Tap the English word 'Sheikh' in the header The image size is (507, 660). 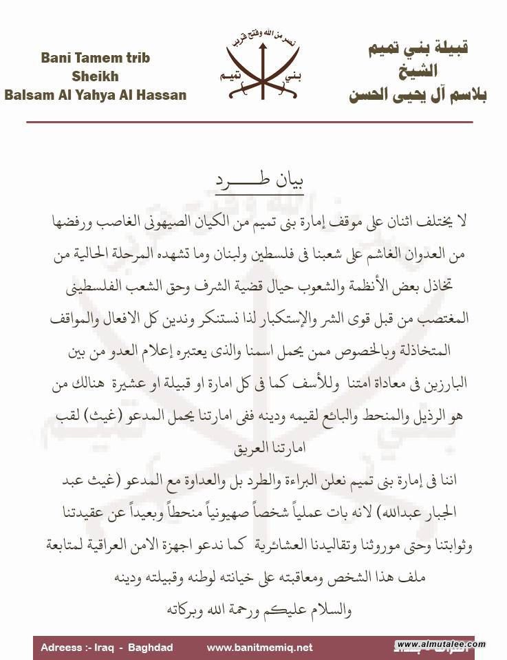94,76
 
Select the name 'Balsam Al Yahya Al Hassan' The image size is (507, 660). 95,95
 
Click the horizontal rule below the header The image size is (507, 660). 249,122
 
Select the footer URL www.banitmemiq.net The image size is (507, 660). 259,647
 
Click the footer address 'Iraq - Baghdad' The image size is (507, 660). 138,647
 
